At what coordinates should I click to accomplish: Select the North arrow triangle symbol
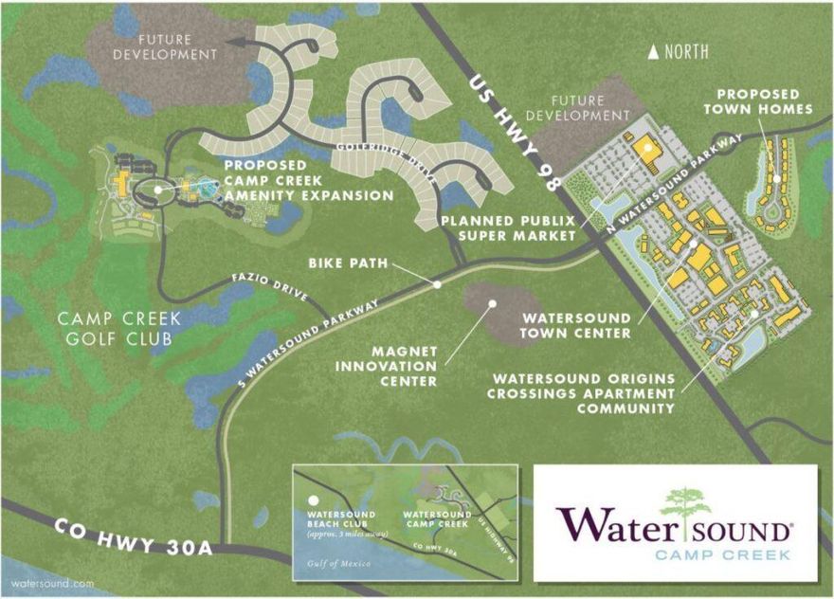tap(653, 53)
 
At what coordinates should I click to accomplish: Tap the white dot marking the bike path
tap(437, 283)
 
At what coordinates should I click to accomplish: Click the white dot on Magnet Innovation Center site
tap(492, 304)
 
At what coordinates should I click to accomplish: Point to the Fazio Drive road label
tap(270, 288)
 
